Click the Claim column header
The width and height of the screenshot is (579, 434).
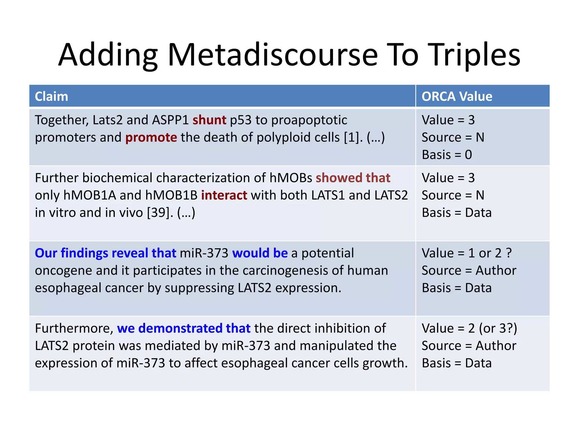[51, 96]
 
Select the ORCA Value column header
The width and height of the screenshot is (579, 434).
[457, 96]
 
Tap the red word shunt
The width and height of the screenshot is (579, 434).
[209, 120]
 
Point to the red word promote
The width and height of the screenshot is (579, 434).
[151, 138]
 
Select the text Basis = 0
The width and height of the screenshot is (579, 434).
[447, 155]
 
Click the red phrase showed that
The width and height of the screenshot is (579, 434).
[353, 178]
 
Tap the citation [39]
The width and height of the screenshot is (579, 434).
[160, 213]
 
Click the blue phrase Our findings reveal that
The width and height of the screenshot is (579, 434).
[105, 253]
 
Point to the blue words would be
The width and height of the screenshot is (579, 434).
[260, 253]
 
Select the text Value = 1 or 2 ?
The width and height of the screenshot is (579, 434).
[466, 253]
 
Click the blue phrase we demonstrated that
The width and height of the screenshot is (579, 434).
[183, 328]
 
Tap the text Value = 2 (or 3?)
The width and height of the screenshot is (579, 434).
[469, 328]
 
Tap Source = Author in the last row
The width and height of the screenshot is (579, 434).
[469, 346]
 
